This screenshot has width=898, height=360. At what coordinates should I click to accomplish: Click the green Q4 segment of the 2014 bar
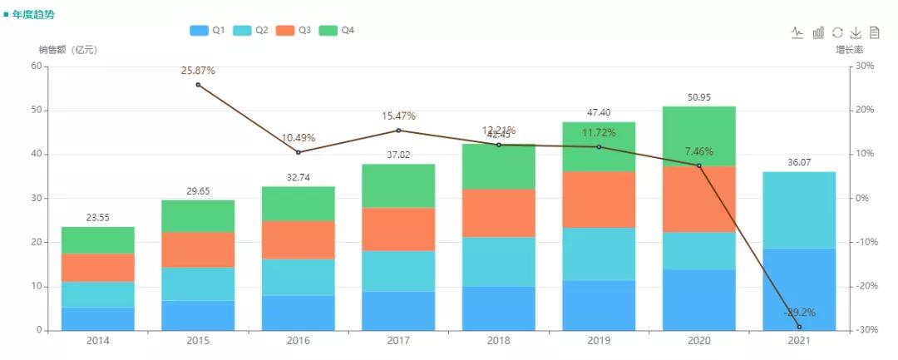98,240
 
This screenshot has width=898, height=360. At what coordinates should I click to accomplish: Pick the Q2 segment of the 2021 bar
799,210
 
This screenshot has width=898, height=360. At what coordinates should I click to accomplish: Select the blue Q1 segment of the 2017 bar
398,310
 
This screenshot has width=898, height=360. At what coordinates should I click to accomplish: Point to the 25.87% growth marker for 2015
198,85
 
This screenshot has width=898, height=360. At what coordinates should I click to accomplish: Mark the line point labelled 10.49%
299,152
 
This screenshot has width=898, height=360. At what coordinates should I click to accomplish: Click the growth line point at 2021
799,327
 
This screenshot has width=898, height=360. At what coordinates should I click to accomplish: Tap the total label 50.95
699,97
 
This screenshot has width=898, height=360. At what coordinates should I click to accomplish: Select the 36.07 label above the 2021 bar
799,163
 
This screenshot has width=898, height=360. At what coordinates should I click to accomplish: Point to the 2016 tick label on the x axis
299,342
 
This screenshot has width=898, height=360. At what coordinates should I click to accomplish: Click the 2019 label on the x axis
599,342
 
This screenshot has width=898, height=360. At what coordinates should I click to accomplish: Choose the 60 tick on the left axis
36,67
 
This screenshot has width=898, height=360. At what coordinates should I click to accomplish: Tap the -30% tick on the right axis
867,330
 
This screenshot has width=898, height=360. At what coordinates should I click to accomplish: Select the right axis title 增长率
850,50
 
